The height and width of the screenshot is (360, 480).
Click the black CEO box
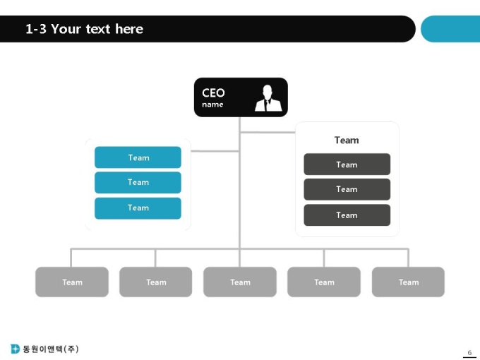click(241, 97)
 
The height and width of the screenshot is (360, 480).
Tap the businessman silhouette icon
click(268, 98)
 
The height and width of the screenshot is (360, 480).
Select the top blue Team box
click(138, 157)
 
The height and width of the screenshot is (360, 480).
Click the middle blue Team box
click(138, 182)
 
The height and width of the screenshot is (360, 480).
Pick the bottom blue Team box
click(138, 208)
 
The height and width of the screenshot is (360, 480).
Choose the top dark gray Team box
click(347, 164)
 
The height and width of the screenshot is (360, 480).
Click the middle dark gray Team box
click(347, 189)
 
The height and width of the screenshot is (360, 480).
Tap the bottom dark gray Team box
click(347, 215)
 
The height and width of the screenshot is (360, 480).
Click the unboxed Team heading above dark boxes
click(347, 140)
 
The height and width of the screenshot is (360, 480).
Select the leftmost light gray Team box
click(72, 282)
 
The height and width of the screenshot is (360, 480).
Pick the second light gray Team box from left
click(156, 282)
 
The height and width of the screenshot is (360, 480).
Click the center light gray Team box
click(240, 282)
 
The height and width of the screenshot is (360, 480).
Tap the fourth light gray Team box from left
click(324, 282)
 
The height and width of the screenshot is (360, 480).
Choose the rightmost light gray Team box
click(408, 282)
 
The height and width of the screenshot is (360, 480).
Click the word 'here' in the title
click(129, 29)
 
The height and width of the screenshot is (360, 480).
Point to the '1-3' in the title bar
click(36, 29)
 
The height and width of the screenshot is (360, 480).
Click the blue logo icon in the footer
click(15, 349)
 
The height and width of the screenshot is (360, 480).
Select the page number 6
click(469, 353)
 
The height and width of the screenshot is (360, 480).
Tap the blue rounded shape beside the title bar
click(450, 29)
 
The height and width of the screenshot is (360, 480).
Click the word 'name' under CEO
click(212, 104)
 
